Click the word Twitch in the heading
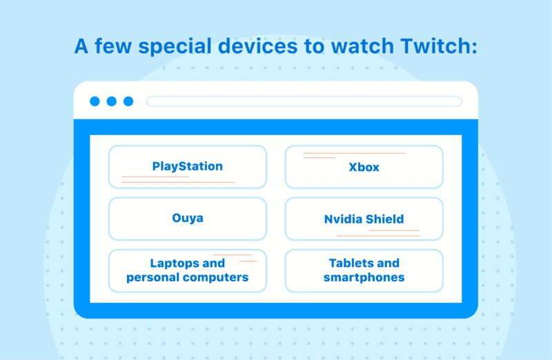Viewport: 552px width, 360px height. [439, 46]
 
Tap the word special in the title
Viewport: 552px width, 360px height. [175, 47]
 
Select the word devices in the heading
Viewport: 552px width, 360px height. [257, 46]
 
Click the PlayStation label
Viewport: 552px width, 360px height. [187, 166]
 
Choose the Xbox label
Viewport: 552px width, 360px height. [364, 167]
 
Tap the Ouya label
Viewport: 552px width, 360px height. [187, 218]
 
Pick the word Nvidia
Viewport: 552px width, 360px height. [342, 219]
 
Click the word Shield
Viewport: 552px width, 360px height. [384, 219]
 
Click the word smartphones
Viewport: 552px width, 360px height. [364, 278]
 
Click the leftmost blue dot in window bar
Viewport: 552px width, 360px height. [95, 101]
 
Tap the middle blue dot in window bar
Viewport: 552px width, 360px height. [112, 101]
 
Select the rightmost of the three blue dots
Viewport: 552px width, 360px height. [128, 101]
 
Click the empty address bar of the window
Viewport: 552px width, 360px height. [304, 101]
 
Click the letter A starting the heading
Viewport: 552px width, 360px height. [81, 46]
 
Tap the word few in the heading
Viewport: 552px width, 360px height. [113, 46]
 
